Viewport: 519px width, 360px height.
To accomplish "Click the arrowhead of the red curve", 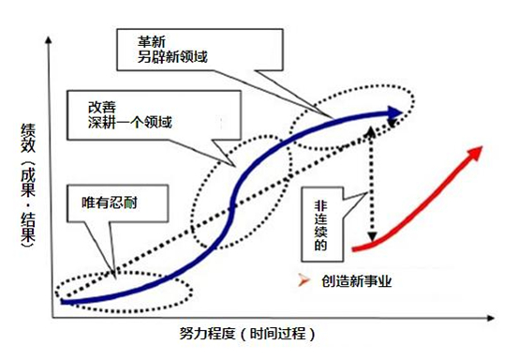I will point(479,151).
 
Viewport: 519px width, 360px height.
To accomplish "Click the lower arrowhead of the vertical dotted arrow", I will point(373,240).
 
